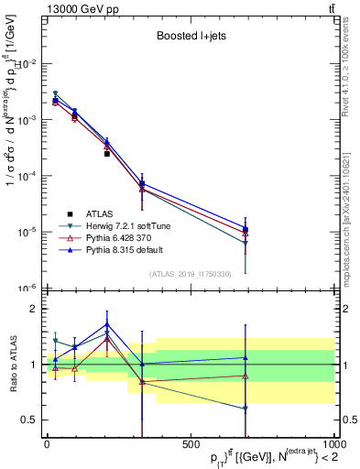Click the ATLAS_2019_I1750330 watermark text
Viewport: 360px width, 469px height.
click(190, 273)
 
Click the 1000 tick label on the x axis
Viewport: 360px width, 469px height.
click(333, 446)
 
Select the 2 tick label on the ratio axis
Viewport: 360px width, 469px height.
click(33, 309)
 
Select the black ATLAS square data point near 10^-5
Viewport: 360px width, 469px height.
click(245, 229)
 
